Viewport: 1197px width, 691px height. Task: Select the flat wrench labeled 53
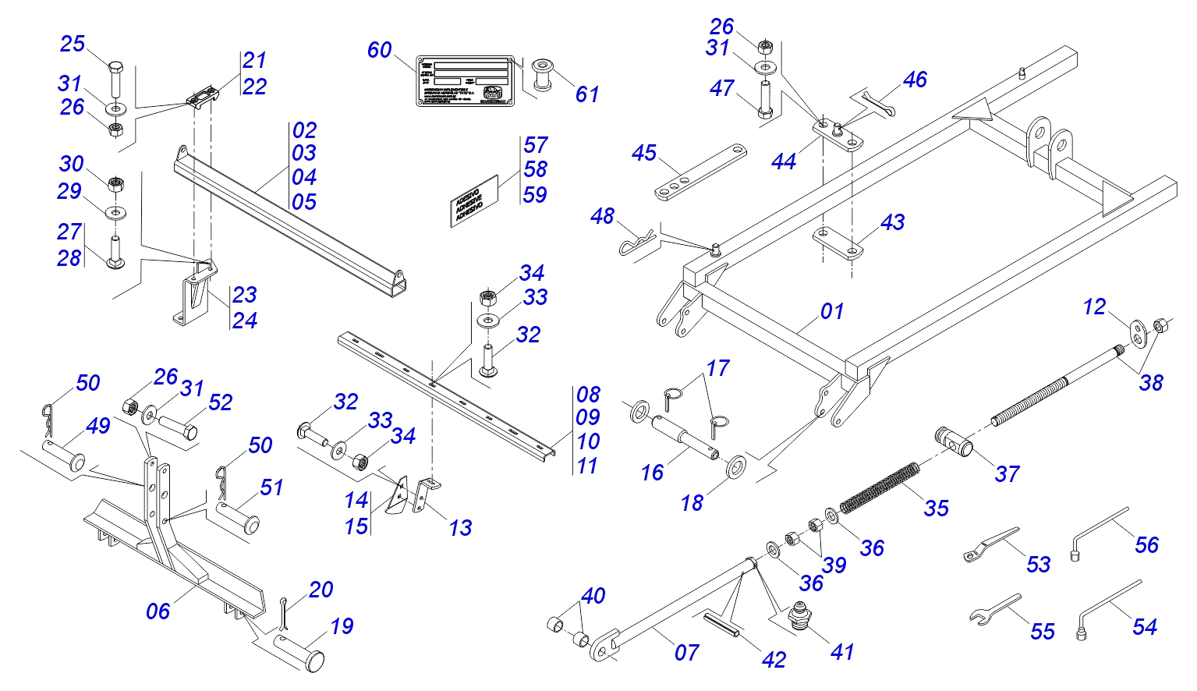[x=990, y=544]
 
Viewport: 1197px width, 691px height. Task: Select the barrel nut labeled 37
[x=954, y=441]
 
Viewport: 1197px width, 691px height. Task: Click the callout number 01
[x=832, y=311]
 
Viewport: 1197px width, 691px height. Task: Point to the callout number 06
[x=158, y=611]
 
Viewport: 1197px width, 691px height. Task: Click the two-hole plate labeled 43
[x=839, y=242]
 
